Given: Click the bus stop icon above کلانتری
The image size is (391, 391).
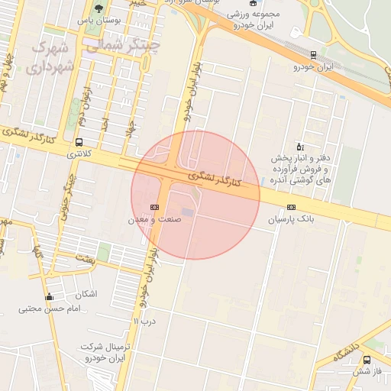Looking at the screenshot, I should click(79, 142).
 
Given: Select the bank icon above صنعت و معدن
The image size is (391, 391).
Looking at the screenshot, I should click(155, 207).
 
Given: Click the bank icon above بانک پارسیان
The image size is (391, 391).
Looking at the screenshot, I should click(290, 208).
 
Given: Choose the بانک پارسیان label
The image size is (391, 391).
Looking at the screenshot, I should click(290, 219).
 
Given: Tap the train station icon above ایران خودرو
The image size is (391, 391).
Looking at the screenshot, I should click(313, 55).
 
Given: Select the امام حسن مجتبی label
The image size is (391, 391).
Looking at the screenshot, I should click(50, 309).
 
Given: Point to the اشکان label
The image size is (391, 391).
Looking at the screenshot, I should click(87, 294).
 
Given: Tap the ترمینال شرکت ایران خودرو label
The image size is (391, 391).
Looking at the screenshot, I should click(102, 352).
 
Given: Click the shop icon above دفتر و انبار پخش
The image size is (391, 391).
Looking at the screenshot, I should click(299, 146).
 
